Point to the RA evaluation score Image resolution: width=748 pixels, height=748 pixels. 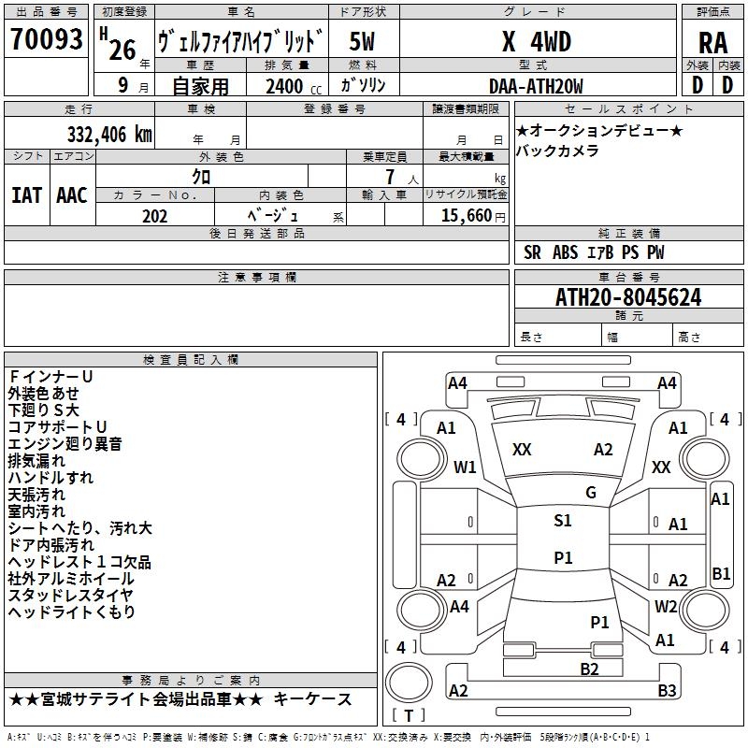(x=712, y=42)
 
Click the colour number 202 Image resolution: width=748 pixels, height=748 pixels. (x=155, y=216)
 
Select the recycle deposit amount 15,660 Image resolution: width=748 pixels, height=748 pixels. (x=464, y=216)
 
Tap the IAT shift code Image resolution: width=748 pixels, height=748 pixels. (x=26, y=194)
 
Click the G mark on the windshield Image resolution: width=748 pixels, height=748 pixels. (x=590, y=493)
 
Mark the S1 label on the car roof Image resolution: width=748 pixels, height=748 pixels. (x=563, y=521)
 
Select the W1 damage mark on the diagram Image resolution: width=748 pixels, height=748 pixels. (x=465, y=467)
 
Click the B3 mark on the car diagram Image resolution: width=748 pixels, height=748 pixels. (x=667, y=691)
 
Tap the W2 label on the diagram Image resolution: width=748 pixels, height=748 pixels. (x=666, y=606)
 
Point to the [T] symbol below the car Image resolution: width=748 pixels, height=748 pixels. (x=408, y=716)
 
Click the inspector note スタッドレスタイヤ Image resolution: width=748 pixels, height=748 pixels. (x=70, y=596)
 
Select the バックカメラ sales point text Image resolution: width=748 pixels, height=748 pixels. (x=557, y=151)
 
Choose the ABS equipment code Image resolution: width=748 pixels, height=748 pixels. (x=565, y=252)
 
